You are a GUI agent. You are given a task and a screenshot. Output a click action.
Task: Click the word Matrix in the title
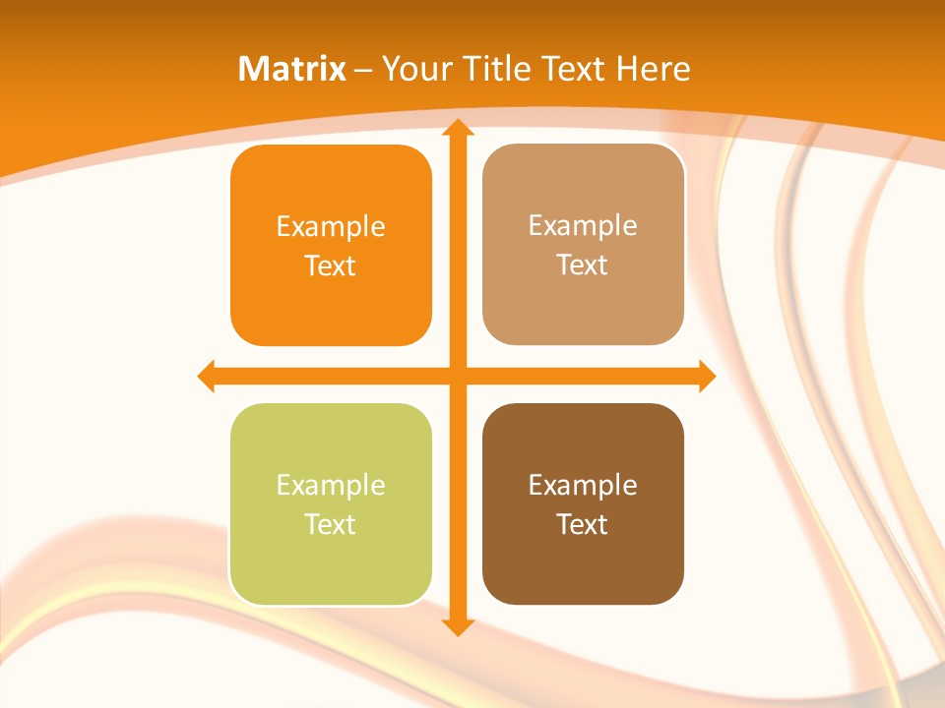(x=292, y=69)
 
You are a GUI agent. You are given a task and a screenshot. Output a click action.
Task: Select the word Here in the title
(x=654, y=69)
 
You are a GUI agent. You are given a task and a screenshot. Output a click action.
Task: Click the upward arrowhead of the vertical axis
(x=457, y=128)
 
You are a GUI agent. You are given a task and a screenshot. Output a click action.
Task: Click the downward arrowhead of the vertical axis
(x=457, y=626)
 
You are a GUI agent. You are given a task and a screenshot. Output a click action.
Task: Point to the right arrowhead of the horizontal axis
(x=707, y=376)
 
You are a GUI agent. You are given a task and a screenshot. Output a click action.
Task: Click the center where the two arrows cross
(x=457, y=376)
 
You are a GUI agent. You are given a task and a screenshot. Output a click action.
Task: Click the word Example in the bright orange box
(x=331, y=227)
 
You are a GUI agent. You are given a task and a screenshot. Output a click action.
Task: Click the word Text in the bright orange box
(x=331, y=265)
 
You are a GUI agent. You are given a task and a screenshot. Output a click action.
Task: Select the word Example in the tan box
(x=583, y=226)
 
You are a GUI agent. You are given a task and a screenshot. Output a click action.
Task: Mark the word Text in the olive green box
(x=331, y=524)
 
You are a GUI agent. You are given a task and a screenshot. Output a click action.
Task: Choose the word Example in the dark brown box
(x=583, y=485)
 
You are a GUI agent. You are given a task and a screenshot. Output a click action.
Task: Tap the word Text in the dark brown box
(x=583, y=524)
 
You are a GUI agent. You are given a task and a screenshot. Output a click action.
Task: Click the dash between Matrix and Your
(x=363, y=70)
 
